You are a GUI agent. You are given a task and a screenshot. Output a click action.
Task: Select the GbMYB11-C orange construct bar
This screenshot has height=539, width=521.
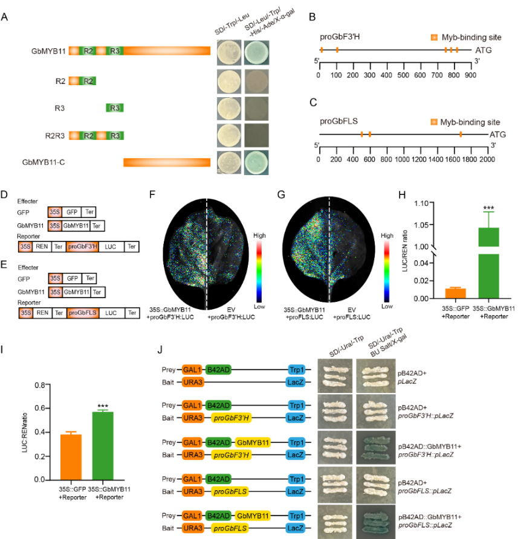167,162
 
